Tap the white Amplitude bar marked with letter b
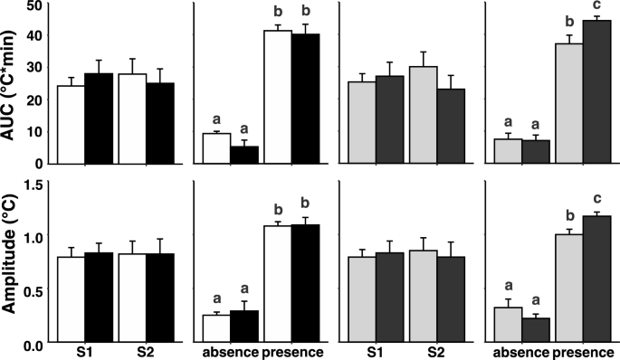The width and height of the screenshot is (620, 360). coord(278,285)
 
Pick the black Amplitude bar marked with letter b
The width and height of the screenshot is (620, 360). coord(306,284)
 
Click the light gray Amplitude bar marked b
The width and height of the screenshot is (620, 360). coord(568,289)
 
